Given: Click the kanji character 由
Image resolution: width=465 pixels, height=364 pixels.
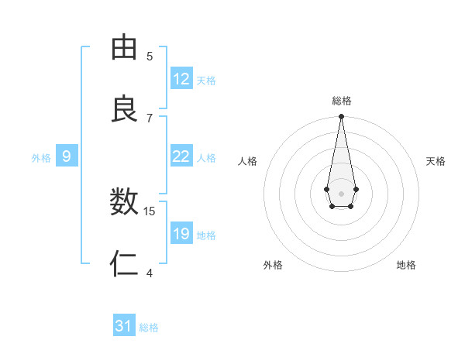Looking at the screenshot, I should (124, 48).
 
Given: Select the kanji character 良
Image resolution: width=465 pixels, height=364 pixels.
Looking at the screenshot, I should (124, 109).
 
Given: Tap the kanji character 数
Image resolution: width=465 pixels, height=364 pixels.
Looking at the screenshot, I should (124, 203).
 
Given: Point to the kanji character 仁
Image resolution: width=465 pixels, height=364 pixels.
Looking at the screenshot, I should (124, 264).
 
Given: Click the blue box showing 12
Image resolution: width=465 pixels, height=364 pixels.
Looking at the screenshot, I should (181, 79).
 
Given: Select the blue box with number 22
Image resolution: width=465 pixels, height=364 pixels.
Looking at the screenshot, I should (181, 156).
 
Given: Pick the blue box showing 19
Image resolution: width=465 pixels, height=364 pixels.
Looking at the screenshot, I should (181, 234).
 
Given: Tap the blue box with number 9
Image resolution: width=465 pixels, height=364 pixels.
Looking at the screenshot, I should (67, 156).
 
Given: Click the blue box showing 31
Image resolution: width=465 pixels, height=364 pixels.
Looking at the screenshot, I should (124, 327).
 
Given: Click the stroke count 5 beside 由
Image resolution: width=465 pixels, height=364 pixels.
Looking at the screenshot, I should (150, 56).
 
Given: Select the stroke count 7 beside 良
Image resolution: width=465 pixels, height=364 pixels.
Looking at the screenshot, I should (150, 118).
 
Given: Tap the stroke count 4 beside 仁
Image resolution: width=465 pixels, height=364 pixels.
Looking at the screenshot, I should (150, 273).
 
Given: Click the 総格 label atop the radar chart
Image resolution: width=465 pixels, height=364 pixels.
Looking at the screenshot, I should (342, 101).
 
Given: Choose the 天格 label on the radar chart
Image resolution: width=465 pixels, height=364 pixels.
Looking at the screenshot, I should (436, 161).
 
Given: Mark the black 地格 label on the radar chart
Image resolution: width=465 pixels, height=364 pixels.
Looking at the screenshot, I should (406, 265).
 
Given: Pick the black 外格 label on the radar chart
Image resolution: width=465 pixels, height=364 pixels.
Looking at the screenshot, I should (273, 265).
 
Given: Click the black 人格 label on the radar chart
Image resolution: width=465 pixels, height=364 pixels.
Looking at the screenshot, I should (248, 161).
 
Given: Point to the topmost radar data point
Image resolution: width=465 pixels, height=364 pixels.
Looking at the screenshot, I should (341, 116).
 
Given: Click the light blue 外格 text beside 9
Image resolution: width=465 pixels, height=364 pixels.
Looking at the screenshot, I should (41, 158).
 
